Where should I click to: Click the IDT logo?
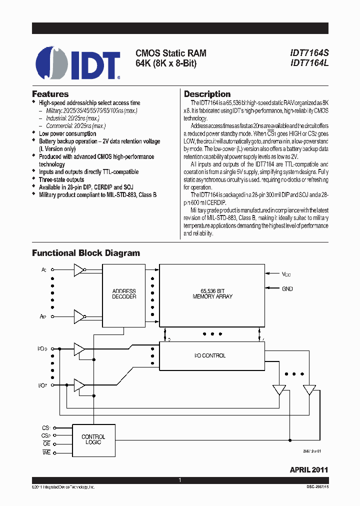78,63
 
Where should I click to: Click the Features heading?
50,94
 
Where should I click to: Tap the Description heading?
207,94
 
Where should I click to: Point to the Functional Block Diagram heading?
86,253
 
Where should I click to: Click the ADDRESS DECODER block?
124,293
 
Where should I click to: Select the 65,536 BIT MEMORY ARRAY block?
212,293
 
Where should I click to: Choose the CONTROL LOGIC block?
93,439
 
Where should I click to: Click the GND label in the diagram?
287,288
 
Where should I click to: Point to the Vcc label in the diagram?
286,274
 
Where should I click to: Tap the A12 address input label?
44,316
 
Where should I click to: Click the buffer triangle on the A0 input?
78,270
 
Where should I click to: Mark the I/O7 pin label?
42,385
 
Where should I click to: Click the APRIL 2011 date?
309,470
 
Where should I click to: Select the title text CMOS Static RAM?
171,53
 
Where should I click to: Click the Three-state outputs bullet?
61,179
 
